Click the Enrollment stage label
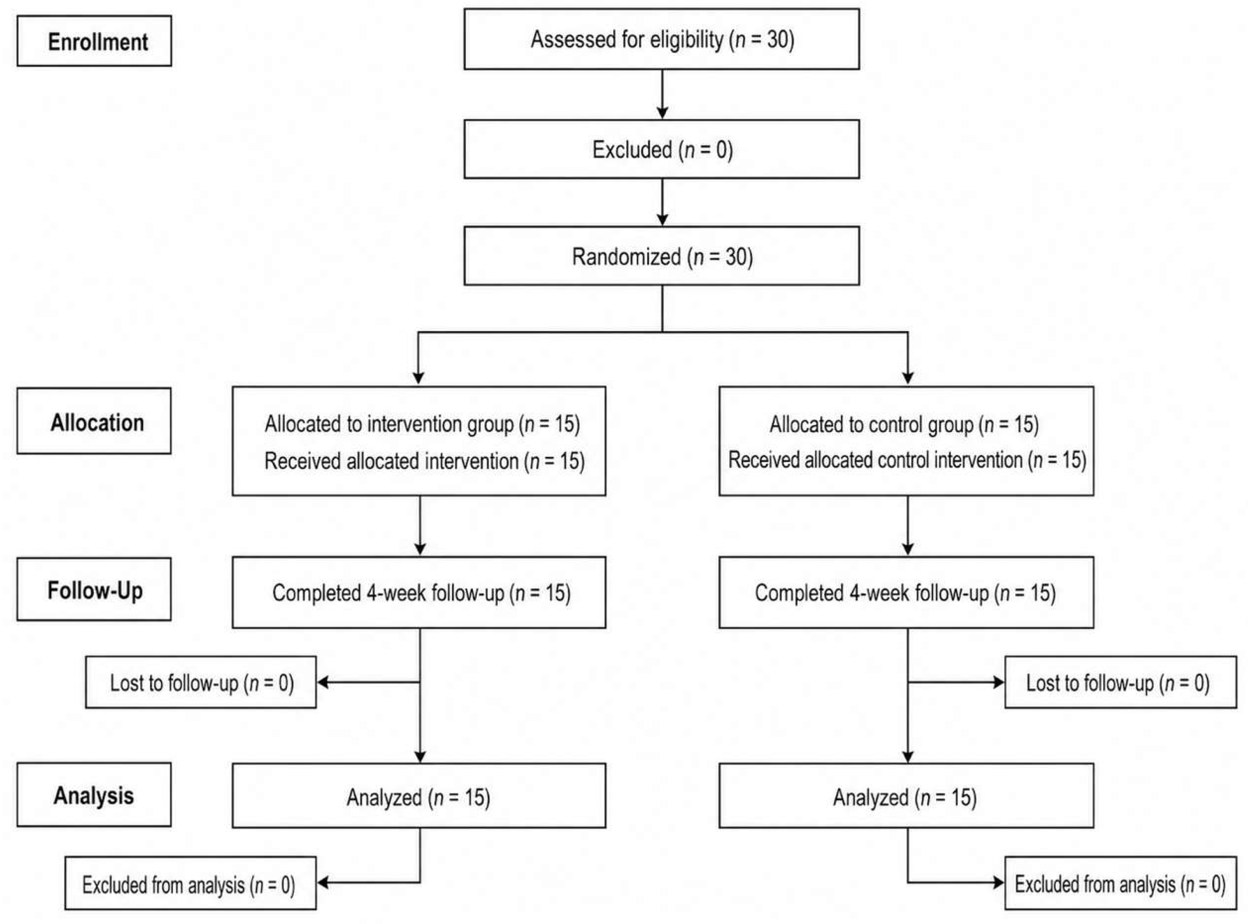pyautogui.click(x=94, y=41)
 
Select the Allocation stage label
pyautogui.click(x=94, y=420)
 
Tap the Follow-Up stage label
pyautogui.click(x=94, y=589)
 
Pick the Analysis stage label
pyautogui.click(x=94, y=795)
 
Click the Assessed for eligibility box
pyautogui.click(x=662, y=39)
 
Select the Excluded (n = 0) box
pyautogui.click(x=662, y=149)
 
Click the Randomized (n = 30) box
pyautogui.click(x=662, y=256)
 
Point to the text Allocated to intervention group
pyautogui.click(x=389, y=424)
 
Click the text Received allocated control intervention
pyautogui.click(x=875, y=460)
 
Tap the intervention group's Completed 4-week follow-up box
pyautogui.click(x=419, y=592)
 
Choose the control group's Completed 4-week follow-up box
pyautogui.click(x=906, y=592)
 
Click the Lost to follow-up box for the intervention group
pyautogui.click(x=201, y=682)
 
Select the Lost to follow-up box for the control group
pyautogui.click(x=1121, y=682)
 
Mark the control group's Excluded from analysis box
pyautogui.click(x=1121, y=883)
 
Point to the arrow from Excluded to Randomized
pyautogui.click(x=662, y=202)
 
